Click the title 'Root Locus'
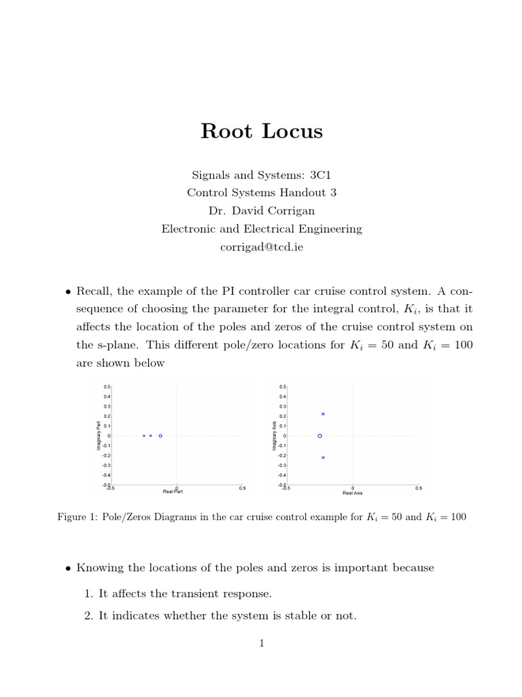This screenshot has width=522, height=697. pos(262,131)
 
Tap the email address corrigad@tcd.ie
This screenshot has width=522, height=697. pos(262,247)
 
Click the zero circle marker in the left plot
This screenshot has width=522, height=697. pos(160,436)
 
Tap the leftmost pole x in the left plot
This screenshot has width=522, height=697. pos(143,436)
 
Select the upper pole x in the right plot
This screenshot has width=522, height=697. pos(323,414)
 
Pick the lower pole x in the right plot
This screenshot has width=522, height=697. pos(323,457)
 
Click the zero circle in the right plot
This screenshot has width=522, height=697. pos(319,436)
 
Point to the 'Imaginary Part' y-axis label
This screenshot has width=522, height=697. pos(99,436)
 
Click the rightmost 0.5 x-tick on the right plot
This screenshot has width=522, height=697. pos(418,487)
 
